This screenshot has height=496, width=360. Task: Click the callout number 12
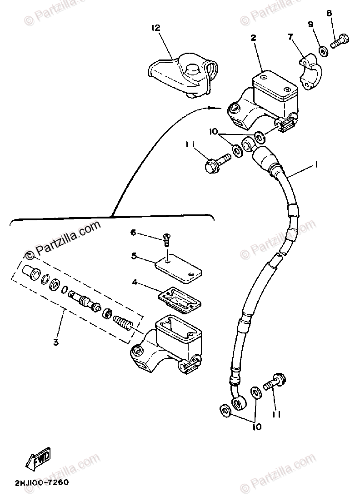(x=156, y=28)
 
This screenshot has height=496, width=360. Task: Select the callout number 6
(x=133, y=233)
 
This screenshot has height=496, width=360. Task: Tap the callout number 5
(x=134, y=256)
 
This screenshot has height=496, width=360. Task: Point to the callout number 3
(x=55, y=342)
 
